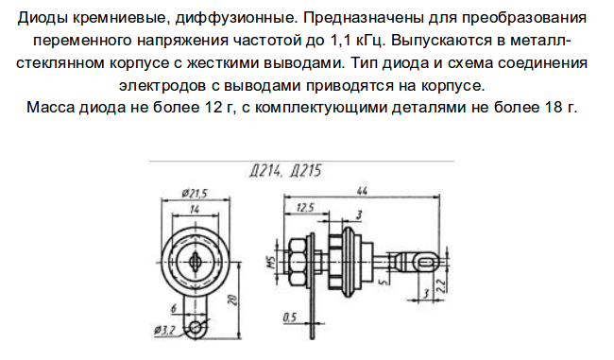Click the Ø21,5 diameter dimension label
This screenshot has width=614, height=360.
195,193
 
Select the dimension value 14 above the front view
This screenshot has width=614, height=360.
195,210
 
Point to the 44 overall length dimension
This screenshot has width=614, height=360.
362,191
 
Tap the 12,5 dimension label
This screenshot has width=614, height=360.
305,207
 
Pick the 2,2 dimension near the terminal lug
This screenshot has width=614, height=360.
441,286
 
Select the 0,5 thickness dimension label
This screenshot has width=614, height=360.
290,317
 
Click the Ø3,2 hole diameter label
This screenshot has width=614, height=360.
164,331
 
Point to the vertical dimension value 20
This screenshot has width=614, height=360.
233,300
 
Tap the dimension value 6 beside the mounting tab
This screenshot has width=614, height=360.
174,308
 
